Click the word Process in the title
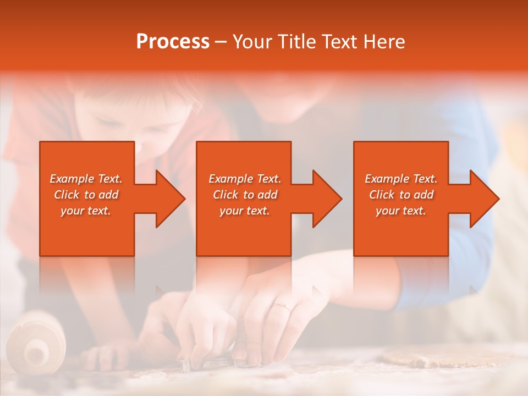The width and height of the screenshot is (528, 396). (173, 42)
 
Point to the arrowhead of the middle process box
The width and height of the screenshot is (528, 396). (326, 199)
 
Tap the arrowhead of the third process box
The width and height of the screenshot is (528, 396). (483, 199)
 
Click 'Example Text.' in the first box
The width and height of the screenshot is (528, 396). (86, 179)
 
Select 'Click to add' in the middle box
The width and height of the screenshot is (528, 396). (245, 195)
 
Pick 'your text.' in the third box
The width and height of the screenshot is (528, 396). (401, 211)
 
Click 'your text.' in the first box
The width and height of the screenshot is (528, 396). (86, 211)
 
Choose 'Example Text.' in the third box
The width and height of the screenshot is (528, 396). (401, 179)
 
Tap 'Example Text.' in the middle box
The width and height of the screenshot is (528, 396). (245, 179)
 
